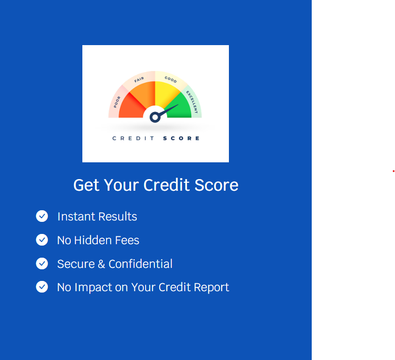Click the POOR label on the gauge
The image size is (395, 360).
117,101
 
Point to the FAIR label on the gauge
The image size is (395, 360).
139,80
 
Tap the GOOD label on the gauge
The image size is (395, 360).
171,80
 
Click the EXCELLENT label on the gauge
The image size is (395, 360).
193,102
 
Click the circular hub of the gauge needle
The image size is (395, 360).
155,117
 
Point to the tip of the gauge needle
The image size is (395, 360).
177,106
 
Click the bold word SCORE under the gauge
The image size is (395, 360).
181,138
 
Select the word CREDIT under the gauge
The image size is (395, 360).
134,138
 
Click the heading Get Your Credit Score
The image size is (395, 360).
156,185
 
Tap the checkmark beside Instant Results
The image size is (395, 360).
42,216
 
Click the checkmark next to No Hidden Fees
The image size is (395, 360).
42,240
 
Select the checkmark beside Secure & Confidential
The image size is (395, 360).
42,263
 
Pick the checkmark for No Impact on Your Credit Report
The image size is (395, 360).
42,287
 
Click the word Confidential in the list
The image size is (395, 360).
141,264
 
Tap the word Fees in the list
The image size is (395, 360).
127,240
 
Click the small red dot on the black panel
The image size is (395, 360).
393,171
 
